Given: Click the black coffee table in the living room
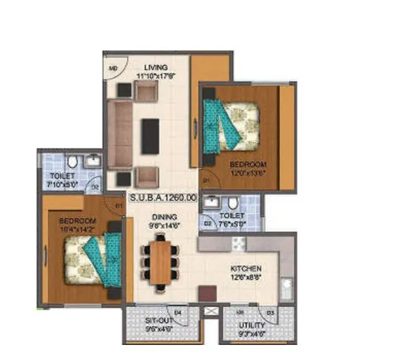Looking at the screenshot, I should point(150,137).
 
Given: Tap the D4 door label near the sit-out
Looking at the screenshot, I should point(178,313).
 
